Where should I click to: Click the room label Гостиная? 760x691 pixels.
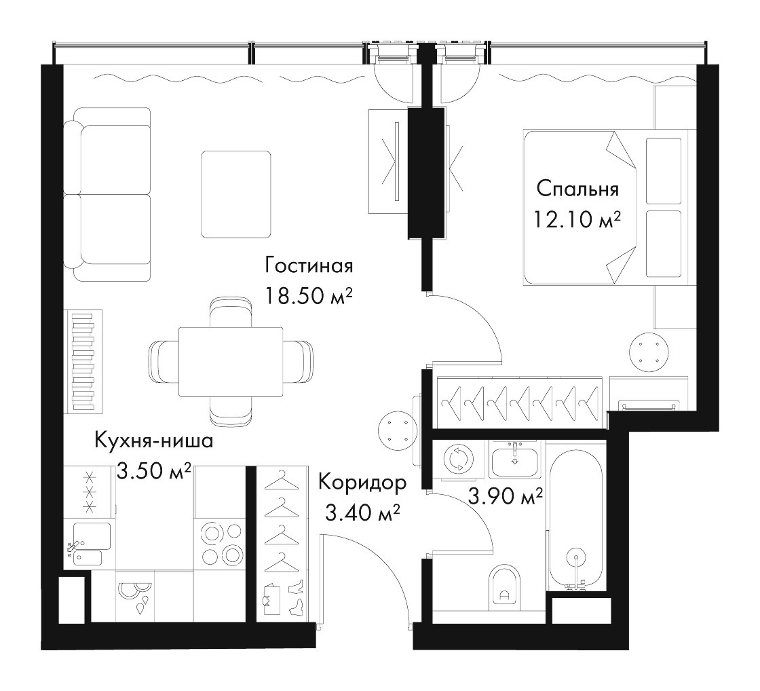coord(309,265)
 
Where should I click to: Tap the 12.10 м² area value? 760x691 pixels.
coord(577,220)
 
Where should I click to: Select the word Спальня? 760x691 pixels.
coord(577,189)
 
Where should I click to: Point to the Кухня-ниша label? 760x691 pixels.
coord(153,442)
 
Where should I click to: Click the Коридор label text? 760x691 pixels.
coord(362,483)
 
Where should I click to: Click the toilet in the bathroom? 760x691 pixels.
coord(505,586)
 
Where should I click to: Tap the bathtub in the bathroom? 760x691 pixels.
coord(575,517)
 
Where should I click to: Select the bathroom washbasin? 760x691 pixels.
coord(514,460)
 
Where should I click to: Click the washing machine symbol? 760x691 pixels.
coord(457,459)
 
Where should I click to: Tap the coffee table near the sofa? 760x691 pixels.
coord(236,194)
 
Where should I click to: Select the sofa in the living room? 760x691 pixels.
coord(107,194)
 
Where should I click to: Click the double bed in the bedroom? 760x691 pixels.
coord(606,207)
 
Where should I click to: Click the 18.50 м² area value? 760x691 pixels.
coord(308,296)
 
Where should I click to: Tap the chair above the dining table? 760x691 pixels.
coord(231,312)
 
